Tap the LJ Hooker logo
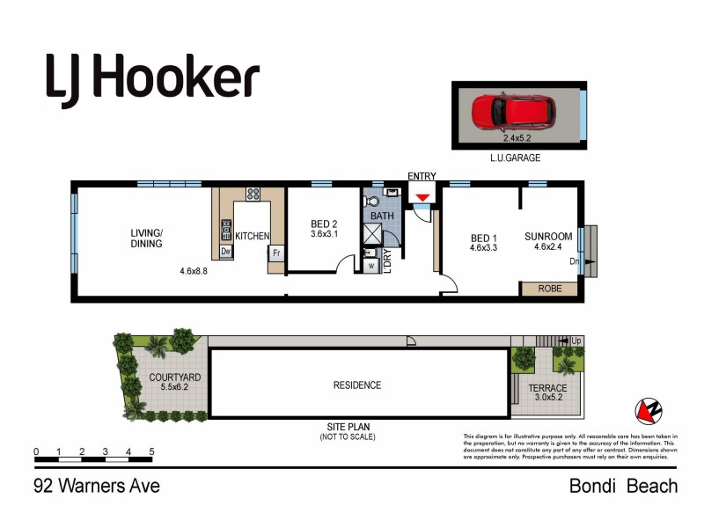[x=152, y=79]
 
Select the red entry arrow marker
[x=422, y=198]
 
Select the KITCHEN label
[x=252, y=237]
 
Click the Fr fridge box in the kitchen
[x=276, y=253]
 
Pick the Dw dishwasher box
[x=225, y=253]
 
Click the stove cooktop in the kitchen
[x=253, y=194]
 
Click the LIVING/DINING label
[x=147, y=238]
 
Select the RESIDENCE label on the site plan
[x=356, y=385]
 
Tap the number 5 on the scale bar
[x=151, y=452]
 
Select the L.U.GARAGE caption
[x=517, y=158]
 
